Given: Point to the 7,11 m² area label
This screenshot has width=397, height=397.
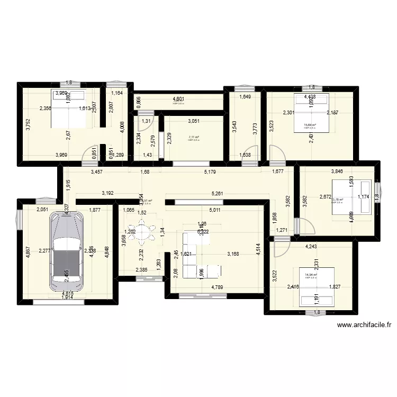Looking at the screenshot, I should click(x=193, y=137).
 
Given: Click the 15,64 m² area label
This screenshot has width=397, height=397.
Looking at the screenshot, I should click(x=309, y=125).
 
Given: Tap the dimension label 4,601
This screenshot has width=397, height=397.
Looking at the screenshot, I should click(x=177, y=98).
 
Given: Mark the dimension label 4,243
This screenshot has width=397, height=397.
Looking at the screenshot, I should click(x=311, y=246).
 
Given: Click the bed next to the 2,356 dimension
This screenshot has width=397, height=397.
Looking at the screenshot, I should click(x=68, y=109).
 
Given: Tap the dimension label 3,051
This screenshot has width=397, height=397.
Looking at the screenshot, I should click(x=194, y=121).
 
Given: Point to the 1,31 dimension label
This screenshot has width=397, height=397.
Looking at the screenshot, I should click(x=145, y=121).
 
